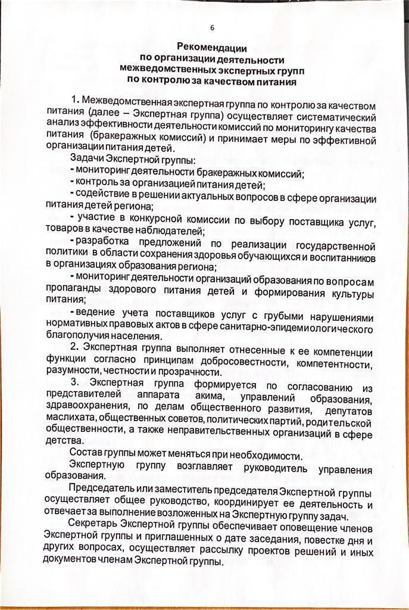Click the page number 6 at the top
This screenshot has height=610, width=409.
212,27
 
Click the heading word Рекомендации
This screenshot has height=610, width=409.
213,47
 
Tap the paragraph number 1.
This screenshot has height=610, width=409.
74,99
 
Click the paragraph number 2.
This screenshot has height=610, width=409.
74,347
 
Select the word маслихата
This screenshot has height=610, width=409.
67,419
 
